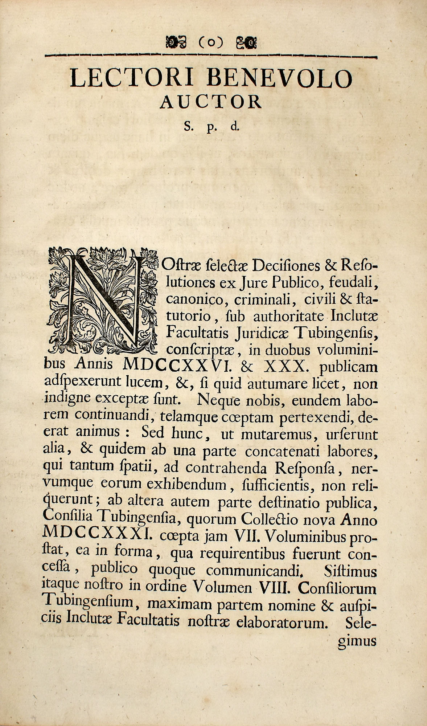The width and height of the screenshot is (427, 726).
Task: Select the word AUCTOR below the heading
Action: click(211, 102)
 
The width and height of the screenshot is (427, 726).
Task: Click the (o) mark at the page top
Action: click(211, 43)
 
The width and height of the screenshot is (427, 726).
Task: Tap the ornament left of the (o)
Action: click(176, 43)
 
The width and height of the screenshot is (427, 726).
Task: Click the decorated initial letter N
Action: click(103, 300)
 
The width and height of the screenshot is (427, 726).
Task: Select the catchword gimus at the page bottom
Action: click(357, 641)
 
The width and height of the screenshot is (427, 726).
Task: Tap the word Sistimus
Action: click(350, 571)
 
